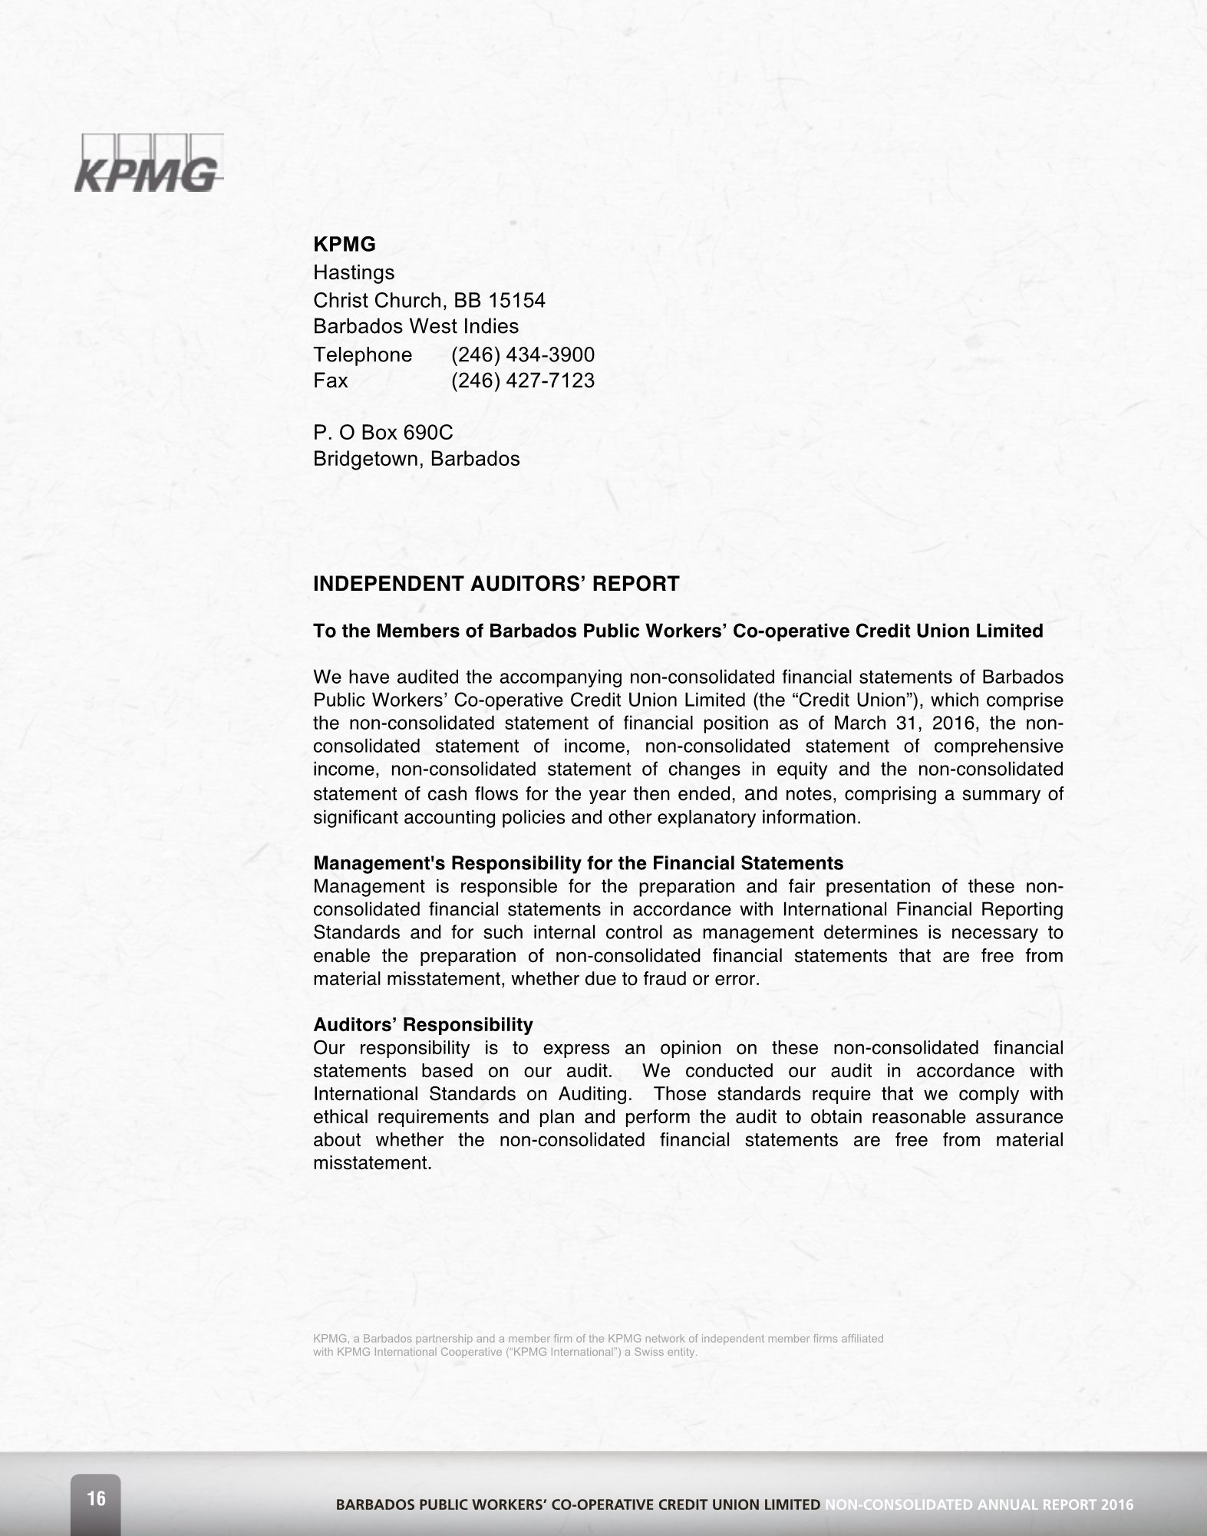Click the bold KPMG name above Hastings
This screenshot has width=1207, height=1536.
345,245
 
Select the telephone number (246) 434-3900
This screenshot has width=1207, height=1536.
523,354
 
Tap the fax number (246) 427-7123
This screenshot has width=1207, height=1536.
523,381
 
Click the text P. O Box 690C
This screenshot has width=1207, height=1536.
383,433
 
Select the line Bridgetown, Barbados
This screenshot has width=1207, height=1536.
416,459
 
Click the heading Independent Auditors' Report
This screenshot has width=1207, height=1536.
496,584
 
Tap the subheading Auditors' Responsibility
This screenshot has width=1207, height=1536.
423,1024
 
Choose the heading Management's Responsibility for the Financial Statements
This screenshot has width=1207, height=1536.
578,863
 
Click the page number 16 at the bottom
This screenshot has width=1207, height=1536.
96,1498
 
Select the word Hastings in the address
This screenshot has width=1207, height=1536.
354,272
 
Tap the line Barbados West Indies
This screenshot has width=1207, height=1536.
416,326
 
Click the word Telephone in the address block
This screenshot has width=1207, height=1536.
362,354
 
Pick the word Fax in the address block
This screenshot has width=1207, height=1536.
330,381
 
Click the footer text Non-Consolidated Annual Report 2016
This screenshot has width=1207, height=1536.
979,1505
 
